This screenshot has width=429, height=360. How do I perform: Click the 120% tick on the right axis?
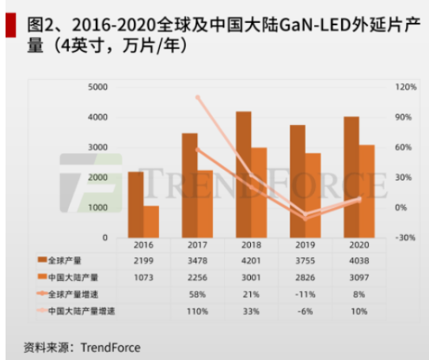pos(405,87)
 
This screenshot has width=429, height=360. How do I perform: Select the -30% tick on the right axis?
pos(405,237)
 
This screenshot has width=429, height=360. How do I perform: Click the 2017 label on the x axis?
pos(198,244)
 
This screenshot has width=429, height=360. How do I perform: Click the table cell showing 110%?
pos(198,311)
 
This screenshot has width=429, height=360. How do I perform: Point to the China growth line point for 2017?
pos(197,97)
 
